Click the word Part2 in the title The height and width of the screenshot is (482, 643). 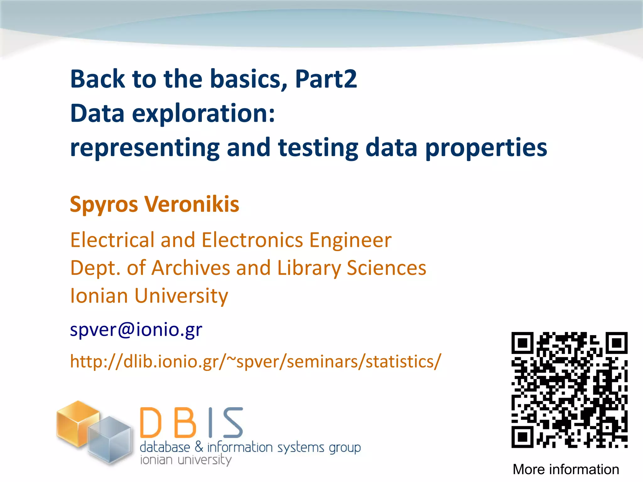coord(326,79)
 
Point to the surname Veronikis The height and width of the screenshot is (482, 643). coord(192,205)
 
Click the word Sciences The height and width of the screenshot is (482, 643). coord(386,268)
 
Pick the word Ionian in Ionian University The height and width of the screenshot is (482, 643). coord(99,296)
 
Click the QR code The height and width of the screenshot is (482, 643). coord(569,390)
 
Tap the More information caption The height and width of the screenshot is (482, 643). coord(566,469)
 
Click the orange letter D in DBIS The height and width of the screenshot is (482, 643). coord(151,423)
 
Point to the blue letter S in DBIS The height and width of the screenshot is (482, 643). coord(233,423)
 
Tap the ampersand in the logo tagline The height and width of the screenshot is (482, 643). coord(199,447)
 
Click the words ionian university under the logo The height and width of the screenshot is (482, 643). coord(186,460)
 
